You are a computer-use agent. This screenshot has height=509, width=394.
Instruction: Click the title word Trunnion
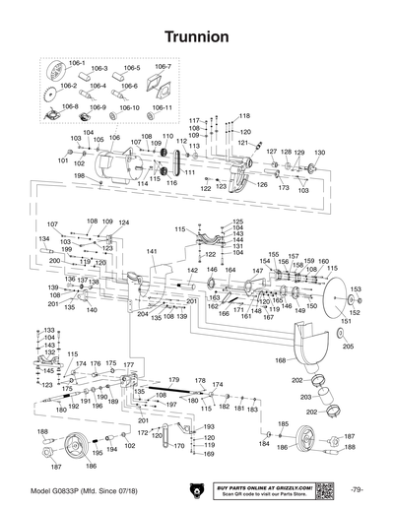point(197,36)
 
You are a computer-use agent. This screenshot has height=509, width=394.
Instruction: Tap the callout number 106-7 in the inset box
point(162,67)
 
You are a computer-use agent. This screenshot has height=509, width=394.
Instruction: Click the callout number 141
point(153,253)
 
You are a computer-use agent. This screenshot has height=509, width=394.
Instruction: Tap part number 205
point(346,347)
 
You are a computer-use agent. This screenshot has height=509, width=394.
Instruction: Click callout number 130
point(319,153)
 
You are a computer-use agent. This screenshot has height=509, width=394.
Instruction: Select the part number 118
point(244,116)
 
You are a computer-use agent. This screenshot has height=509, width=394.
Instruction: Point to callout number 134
point(43,238)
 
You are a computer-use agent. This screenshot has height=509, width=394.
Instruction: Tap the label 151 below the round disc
point(345,321)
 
